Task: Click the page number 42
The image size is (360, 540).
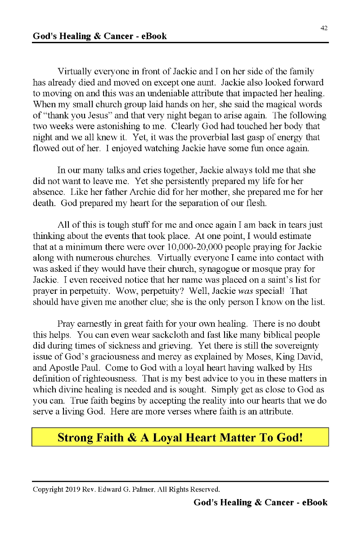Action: [324, 28]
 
